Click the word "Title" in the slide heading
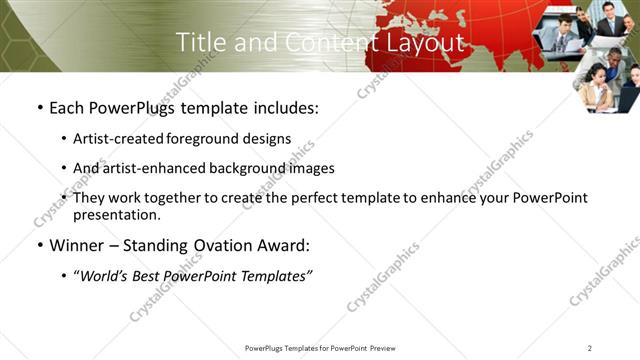pos(199,42)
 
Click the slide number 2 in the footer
pos(590,348)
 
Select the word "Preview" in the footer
pos(382,348)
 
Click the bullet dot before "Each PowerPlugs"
pos(39,108)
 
